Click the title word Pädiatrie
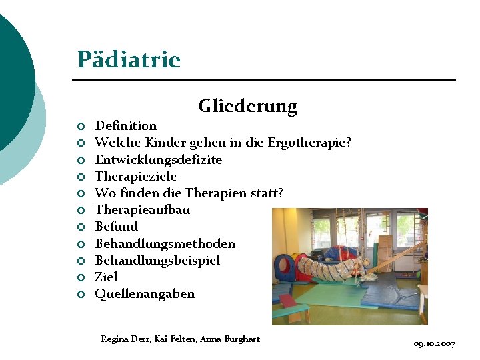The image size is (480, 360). click(x=129, y=60)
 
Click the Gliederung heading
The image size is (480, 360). click(x=247, y=106)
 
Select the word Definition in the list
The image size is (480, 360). click(x=126, y=126)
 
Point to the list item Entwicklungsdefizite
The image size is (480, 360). click(x=158, y=160)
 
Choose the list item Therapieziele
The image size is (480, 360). click(x=135, y=177)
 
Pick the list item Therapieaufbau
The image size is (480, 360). click(x=142, y=210)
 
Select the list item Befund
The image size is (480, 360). click(x=116, y=227)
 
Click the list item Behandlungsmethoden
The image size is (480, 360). click(x=165, y=244)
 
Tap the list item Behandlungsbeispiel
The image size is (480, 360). click(x=157, y=261)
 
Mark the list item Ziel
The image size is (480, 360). click(x=106, y=277)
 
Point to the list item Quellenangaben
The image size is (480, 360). click(x=145, y=294)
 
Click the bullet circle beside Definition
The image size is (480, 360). click(x=80, y=127)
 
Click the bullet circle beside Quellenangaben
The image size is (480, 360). click(x=80, y=295)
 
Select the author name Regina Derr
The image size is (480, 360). click(x=125, y=339)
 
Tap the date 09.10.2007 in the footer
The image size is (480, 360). click(x=434, y=344)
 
